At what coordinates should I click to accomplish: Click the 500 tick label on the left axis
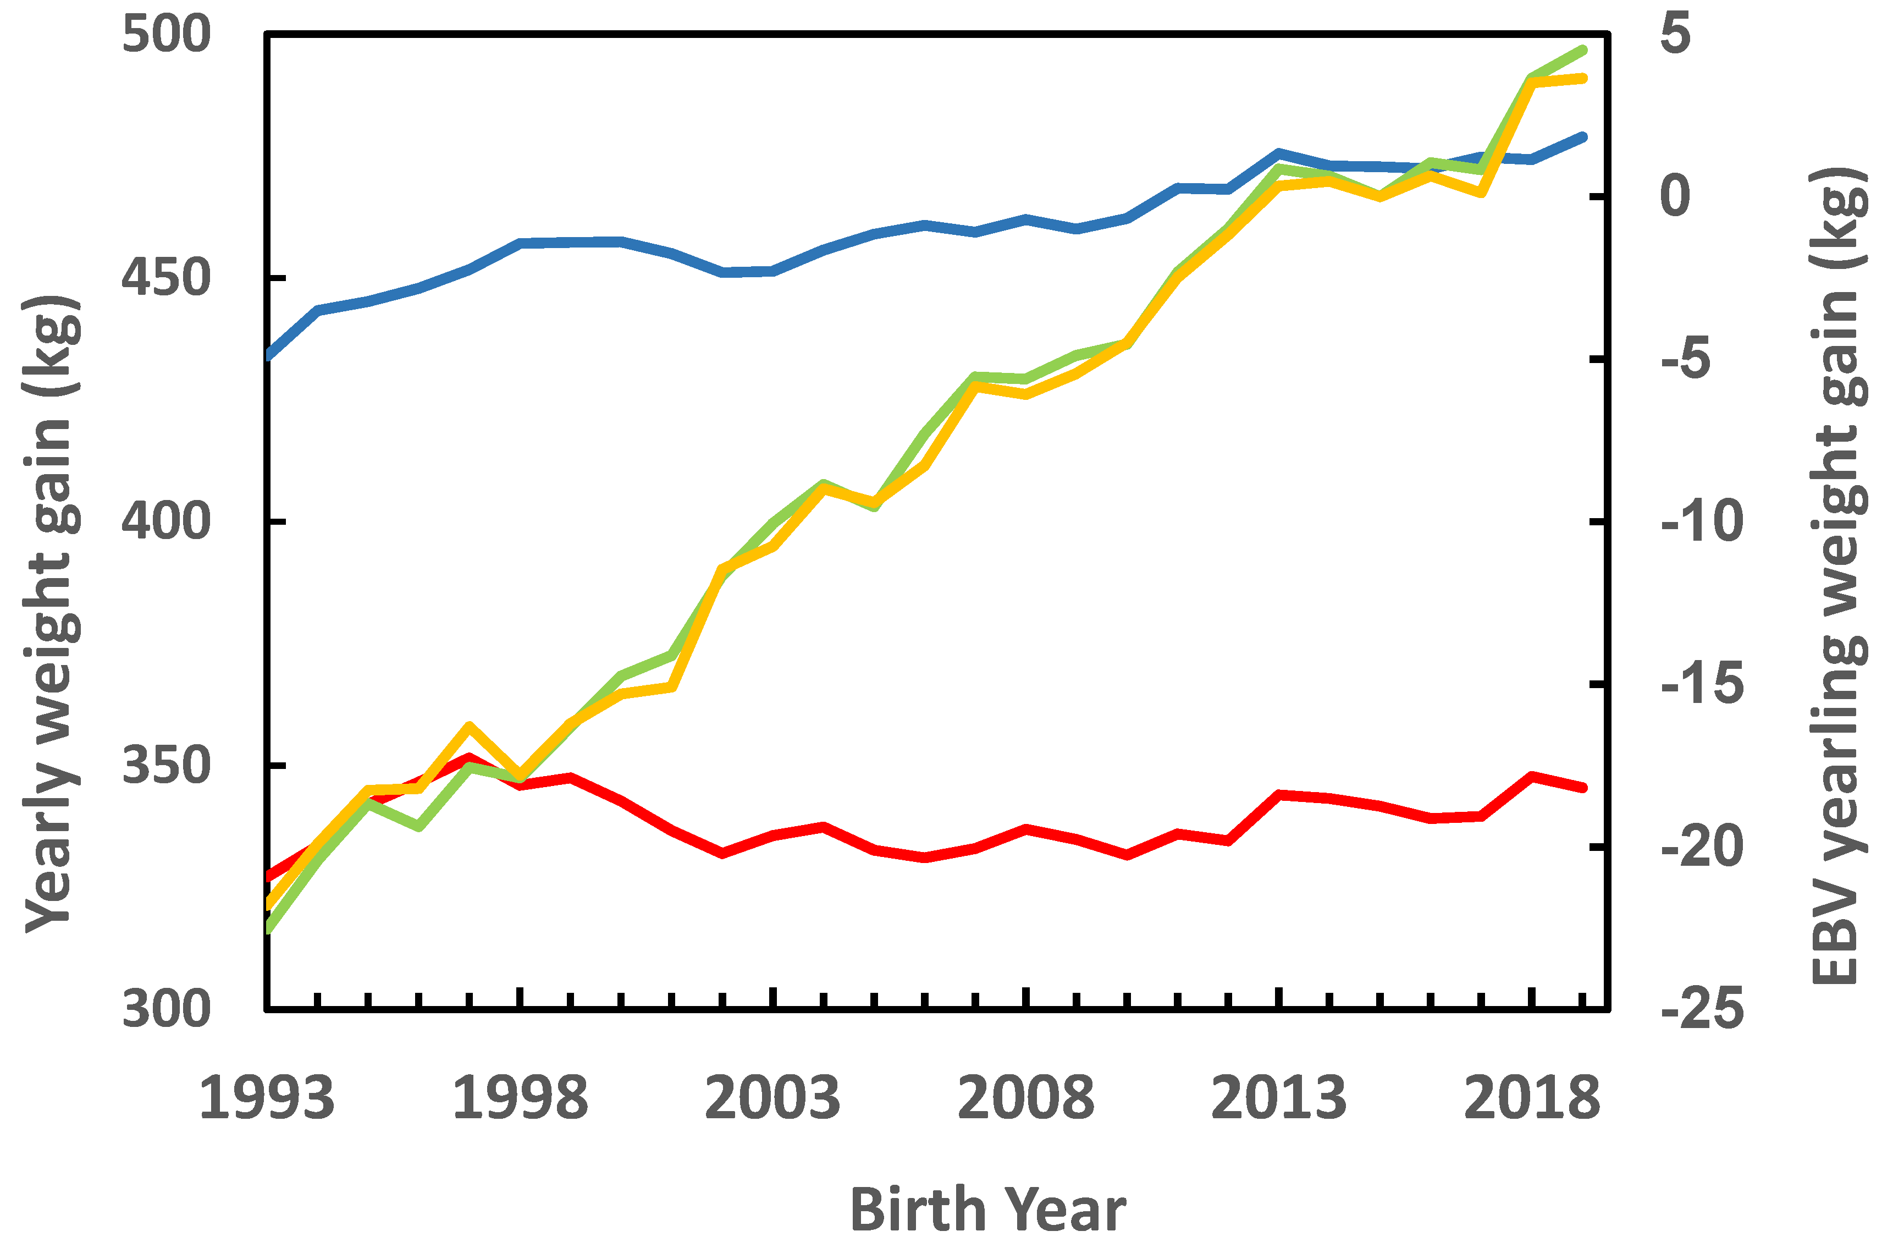pyautogui.click(x=166, y=35)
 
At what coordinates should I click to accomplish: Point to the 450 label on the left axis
pyautogui.click(x=166, y=279)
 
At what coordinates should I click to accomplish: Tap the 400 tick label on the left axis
pyautogui.click(x=166, y=522)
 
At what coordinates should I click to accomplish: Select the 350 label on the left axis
pyautogui.click(x=166, y=766)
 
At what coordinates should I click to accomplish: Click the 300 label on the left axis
pyautogui.click(x=166, y=1010)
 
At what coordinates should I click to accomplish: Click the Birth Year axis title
pyautogui.click(x=987, y=1210)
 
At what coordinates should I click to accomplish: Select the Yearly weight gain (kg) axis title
pyautogui.click(x=52, y=614)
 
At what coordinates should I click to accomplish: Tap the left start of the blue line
pyautogui.click(x=268, y=356)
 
